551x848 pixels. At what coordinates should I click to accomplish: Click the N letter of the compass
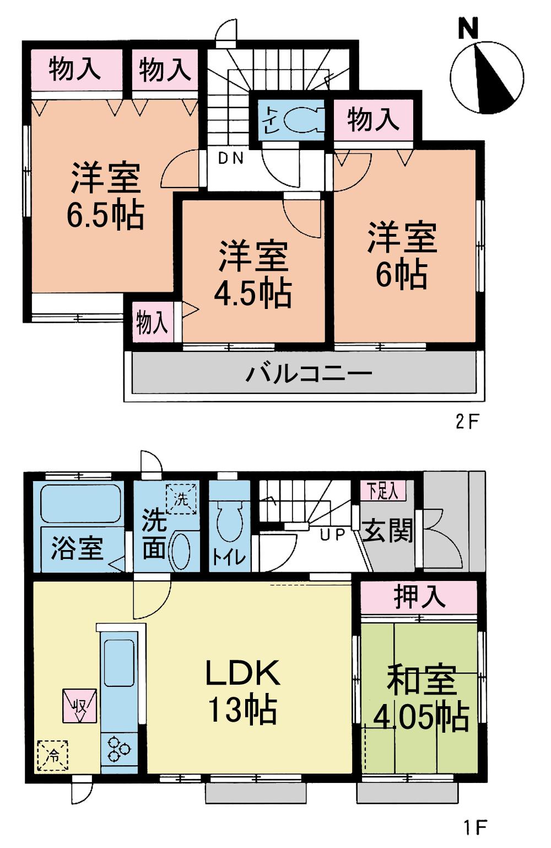pyautogui.click(x=468, y=29)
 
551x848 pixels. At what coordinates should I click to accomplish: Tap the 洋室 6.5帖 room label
pyautogui.click(x=105, y=195)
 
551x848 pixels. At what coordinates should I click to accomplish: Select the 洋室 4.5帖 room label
pyautogui.click(x=253, y=273)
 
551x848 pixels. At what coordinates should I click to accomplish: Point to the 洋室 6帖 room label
pyautogui.click(x=402, y=254)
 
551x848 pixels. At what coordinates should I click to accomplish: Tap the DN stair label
pyautogui.click(x=231, y=159)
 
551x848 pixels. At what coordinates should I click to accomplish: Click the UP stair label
pyautogui.click(x=332, y=534)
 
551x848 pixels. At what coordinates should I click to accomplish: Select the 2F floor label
pyautogui.click(x=468, y=422)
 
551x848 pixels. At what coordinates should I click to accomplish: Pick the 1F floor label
pyautogui.click(x=474, y=827)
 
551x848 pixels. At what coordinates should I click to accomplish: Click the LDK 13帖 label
pyautogui.click(x=242, y=691)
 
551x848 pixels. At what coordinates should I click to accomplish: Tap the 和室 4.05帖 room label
pyautogui.click(x=422, y=698)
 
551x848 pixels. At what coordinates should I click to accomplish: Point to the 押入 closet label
pyautogui.click(x=419, y=597)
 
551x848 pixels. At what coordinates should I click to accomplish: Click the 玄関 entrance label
pyautogui.click(x=388, y=531)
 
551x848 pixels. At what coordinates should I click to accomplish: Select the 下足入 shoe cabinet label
pyautogui.click(x=383, y=490)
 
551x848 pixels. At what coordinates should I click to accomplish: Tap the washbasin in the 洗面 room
pyautogui.click(x=180, y=551)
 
